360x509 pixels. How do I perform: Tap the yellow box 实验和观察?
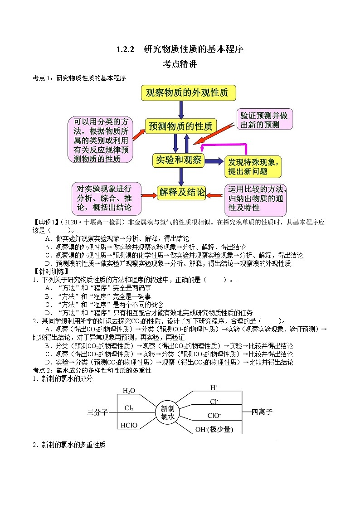178,160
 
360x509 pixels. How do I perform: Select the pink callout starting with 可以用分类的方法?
100,140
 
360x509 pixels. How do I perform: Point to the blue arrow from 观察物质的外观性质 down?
181,110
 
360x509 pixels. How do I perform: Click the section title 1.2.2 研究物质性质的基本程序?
180,49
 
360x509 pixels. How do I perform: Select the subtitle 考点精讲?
180,64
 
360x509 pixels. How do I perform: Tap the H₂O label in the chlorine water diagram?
129,391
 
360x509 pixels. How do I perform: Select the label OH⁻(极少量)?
217,429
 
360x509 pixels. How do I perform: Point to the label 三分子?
97,412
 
